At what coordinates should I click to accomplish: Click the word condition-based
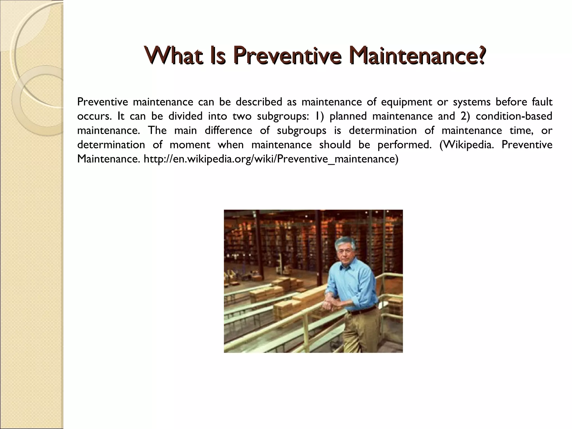(x=514, y=116)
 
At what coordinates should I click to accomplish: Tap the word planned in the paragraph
(x=348, y=116)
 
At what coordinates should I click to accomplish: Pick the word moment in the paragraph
(x=190, y=145)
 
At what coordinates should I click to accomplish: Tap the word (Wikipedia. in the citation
(x=467, y=145)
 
